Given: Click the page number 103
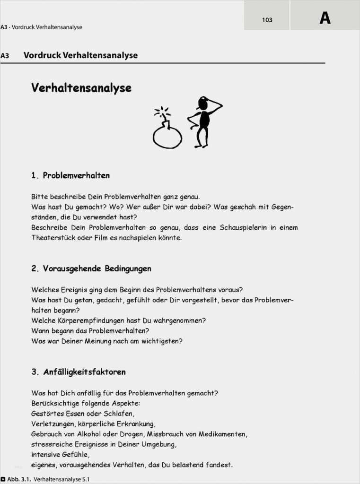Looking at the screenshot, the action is tap(267, 20).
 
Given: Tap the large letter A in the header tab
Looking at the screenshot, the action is tap(325, 18).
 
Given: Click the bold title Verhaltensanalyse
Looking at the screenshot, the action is tap(81, 88).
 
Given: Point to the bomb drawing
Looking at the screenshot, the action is tap(167, 134).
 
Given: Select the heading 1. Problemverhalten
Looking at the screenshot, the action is tap(70, 175).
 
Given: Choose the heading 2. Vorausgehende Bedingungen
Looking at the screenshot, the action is tap(91, 268).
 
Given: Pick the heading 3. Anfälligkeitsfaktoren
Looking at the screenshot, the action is tap(79, 372).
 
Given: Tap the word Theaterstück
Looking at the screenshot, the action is tap(53, 238).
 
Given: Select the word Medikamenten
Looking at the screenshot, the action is tap(222, 434).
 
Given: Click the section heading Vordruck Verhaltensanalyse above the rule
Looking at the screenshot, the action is tap(80, 55).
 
